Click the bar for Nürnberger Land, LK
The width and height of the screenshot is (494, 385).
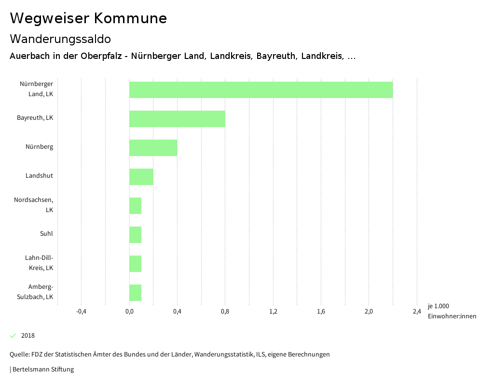(x=261, y=90)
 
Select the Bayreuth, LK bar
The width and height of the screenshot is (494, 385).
(x=177, y=119)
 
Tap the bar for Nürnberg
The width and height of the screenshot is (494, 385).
(x=153, y=148)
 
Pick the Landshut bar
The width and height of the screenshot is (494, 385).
(x=141, y=177)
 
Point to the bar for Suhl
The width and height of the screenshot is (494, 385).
(x=135, y=235)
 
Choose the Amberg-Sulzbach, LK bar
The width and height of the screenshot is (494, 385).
(x=135, y=293)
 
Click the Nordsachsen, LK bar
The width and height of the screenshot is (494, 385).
(x=135, y=206)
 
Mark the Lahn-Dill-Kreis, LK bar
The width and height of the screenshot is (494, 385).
(x=135, y=264)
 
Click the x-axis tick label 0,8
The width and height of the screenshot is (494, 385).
(x=225, y=312)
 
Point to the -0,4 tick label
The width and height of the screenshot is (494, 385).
(x=81, y=312)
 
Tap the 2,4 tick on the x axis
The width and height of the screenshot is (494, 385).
(x=417, y=312)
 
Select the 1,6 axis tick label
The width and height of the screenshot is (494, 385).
(x=321, y=312)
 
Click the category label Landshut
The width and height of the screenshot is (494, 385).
(x=39, y=176)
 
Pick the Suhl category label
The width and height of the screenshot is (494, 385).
(x=46, y=234)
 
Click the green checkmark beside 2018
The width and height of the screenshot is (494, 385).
(x=13, y=336)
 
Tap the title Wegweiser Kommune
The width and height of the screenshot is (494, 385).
(x=88, y=18)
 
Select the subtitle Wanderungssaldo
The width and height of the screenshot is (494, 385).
(x=60, y=39)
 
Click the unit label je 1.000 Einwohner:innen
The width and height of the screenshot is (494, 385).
(x=452, y=311)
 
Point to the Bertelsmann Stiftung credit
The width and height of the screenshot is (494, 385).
(x=43, y=370)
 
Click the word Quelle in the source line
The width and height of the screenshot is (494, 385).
(x=19, y=355)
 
